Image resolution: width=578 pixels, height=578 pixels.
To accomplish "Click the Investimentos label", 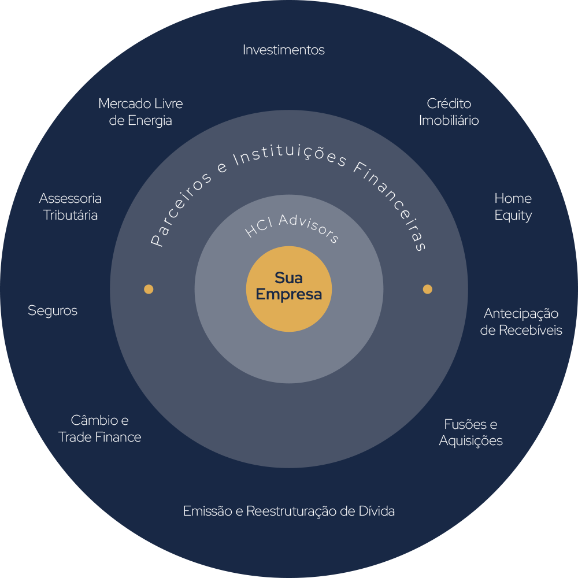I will [284, 50].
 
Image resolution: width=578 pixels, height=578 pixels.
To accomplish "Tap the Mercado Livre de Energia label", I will [140, 112].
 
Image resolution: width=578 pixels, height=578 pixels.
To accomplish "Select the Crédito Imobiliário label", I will [449, 112].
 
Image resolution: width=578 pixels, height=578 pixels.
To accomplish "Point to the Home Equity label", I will [513, 207].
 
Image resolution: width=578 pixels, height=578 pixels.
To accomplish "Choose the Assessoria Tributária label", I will [71, 207].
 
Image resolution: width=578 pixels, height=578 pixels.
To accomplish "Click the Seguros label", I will [53, 311].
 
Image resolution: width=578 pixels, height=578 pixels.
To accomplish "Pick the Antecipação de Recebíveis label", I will [521, 322].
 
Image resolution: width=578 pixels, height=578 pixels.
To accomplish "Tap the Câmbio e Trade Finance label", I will [100, 429].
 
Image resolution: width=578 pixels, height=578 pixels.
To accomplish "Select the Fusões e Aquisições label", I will [470, 432].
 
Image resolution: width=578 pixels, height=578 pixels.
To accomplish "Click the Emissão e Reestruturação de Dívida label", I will [289, 512].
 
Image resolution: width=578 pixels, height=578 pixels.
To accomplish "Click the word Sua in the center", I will [288, 277].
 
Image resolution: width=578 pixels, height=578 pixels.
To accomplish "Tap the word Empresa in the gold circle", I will [289, 294].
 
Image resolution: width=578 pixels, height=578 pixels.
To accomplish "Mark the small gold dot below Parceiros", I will [149, 289].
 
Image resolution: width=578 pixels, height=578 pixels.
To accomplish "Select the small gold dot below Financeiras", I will [428, 289].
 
